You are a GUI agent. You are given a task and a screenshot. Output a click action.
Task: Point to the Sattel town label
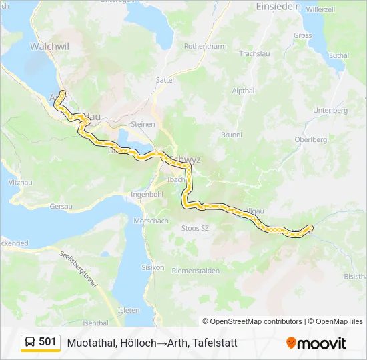[x=164, y=79]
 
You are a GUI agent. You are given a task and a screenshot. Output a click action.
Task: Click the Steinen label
[x=143, y=124]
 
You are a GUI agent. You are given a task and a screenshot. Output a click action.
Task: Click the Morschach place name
[x=151, y=220]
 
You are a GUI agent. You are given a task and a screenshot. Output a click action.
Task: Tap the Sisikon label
[x=153, y=267]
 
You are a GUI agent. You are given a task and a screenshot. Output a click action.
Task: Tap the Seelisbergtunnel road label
[x=78, y=269]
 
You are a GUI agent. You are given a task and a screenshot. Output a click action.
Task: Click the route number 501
[x=48, y=342]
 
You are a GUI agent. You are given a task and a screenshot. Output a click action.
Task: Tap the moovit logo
[x=316, y=343]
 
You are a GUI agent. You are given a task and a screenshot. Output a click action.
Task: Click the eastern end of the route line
[x=310, y=228]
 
